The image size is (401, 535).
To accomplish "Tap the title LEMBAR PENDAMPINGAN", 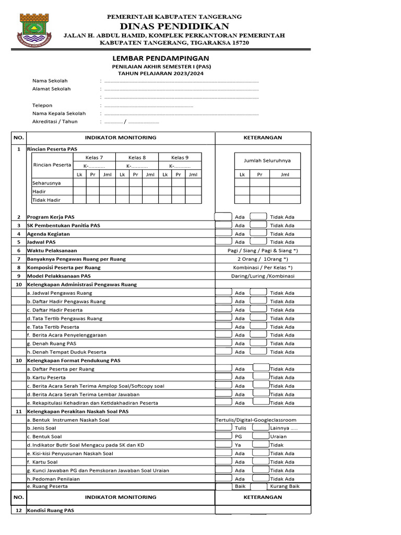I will coord(160,58).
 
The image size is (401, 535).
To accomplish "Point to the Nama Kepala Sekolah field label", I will coord(59,113).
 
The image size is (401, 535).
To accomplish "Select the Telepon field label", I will coord(42,106).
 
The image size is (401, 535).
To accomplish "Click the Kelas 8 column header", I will coord(137,157).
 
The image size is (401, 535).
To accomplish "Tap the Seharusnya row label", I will coord(46,183).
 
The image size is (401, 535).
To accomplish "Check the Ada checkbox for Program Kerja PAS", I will coord(223,217).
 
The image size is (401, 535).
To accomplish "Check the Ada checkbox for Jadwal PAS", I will coord(223,242).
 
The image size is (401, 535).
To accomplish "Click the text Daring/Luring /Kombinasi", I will coord(263,276).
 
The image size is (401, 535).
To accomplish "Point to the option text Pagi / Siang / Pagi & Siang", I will coord(263,251).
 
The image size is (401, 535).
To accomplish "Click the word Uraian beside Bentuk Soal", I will coord(278,436).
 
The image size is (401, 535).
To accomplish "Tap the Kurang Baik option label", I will coord(285,486).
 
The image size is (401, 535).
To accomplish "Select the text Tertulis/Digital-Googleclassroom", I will coord(256,420).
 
